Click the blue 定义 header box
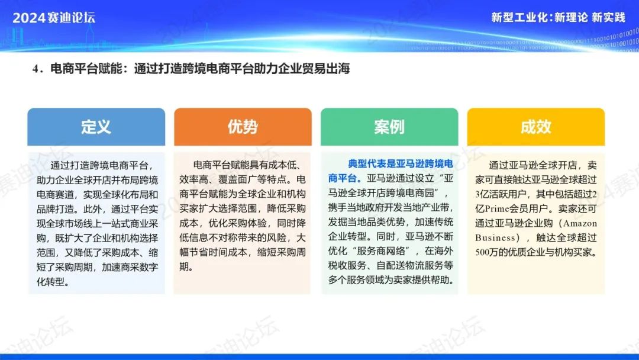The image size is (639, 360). pos(96,127)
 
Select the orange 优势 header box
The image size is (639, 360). pos(243,127)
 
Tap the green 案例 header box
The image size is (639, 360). pos(389,127)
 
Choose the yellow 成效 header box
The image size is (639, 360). pos(536,127)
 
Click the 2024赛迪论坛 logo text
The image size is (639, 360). pos(54,18)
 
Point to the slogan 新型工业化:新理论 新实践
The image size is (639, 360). pos(558,17)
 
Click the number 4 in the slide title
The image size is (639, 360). pos(35,69)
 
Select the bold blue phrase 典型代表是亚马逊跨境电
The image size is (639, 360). pos(400,164)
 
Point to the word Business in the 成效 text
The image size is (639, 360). pos(495,238)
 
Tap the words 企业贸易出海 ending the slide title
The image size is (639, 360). pos(314,69)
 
